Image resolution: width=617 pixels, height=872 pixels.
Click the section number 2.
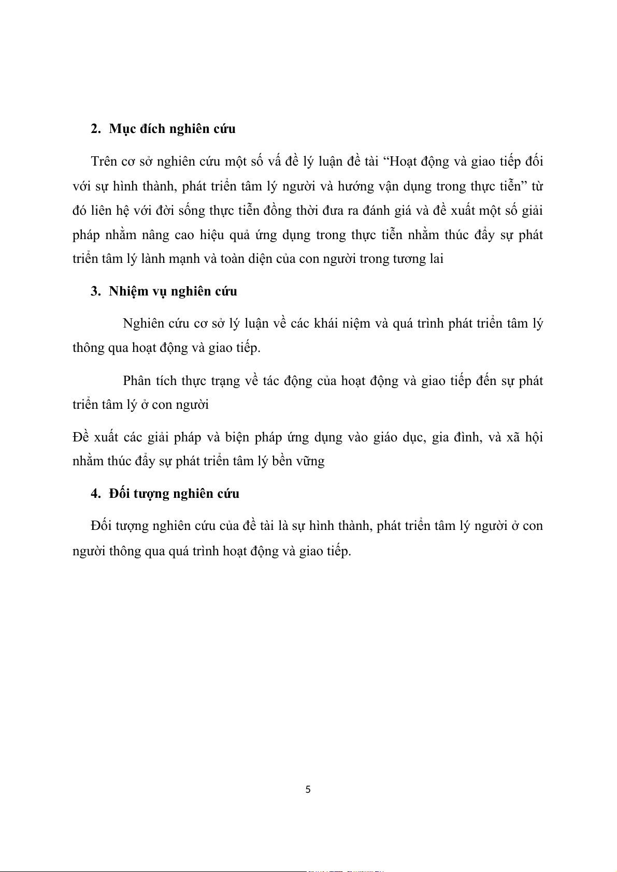95,129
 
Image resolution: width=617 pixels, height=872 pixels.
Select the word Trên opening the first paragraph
104,161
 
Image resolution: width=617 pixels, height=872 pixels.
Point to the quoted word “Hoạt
402,161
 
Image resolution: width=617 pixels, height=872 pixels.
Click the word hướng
355,186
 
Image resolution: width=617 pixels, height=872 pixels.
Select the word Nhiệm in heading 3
128,291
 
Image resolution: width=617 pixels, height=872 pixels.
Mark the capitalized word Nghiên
145,323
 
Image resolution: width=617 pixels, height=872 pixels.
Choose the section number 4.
95,494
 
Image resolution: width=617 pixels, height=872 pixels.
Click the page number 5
308,790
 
